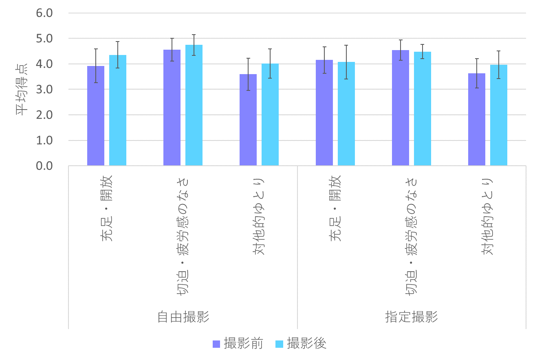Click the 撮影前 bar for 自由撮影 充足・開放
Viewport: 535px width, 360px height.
pos(96,116)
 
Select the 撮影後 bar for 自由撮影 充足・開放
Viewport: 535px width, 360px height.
pos(118,110)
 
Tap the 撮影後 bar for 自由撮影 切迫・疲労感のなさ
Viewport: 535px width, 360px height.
pos(194,105)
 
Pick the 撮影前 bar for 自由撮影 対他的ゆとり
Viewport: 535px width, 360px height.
pos(248,120)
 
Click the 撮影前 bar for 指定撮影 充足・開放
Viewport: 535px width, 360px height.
pos(324,113)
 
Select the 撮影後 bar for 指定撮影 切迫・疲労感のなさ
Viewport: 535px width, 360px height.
pos(423,109)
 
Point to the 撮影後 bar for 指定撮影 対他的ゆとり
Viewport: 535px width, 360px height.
pos(499,115)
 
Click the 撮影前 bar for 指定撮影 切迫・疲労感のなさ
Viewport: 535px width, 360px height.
pos(401,108)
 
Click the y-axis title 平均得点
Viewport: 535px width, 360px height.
pos(22,90)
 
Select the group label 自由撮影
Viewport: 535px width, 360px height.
pos(183,317)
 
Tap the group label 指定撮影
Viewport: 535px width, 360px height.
pos(412,317)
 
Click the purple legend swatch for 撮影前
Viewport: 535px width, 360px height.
pos(216,345)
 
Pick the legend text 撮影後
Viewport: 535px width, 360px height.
pos(307,344)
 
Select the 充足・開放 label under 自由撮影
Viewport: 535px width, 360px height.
pos(107,209)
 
